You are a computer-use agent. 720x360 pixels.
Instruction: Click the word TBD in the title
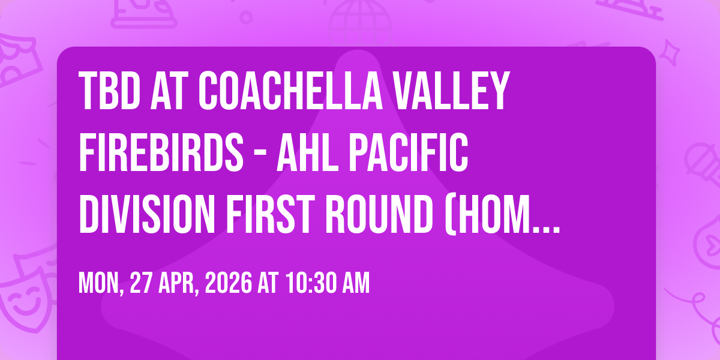pos(109,91)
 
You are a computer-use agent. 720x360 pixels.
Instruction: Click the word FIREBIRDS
pos(161,152)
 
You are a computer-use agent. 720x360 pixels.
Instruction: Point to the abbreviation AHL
pos(308,152)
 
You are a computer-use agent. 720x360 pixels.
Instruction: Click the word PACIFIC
pos(408,152)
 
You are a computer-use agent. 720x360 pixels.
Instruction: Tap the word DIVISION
pos(147,214)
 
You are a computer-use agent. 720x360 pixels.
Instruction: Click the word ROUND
pos(379,214)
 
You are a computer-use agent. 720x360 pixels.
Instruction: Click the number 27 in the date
pos(141,283)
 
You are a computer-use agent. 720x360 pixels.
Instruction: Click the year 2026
pos(229,283)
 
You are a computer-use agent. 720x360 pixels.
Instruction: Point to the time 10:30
pos(311,283)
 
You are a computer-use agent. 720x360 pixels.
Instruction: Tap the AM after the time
pos(356,283)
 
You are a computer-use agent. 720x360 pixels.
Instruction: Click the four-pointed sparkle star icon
pos(670,52)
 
